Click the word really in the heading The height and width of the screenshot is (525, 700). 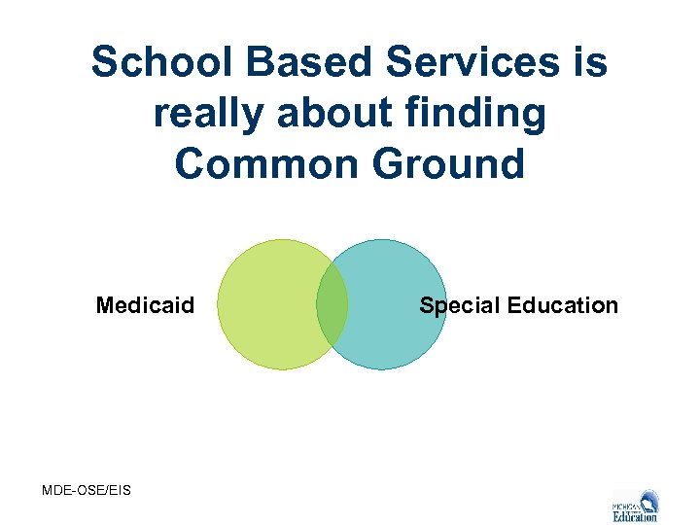207,115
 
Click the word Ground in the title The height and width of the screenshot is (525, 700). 450,164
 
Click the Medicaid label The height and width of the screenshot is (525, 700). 145,306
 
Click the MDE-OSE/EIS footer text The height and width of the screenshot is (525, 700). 87,489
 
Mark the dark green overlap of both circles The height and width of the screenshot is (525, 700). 332,304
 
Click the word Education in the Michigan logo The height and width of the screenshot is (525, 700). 635,516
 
